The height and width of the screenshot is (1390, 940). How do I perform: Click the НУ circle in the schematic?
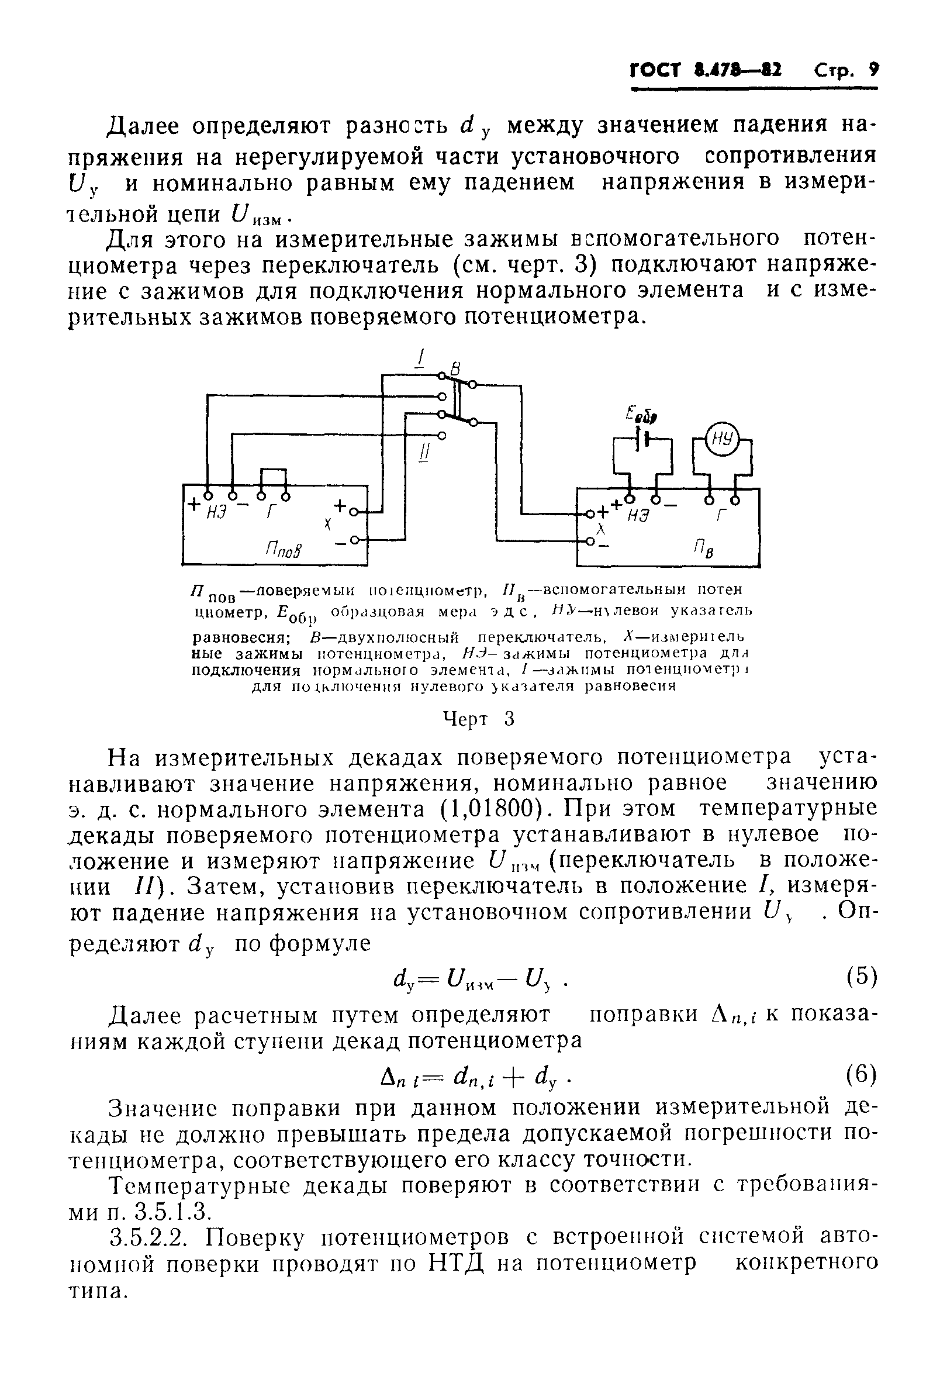(x=722, y=440)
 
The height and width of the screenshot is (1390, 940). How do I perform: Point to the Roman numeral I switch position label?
(x=421, y=358)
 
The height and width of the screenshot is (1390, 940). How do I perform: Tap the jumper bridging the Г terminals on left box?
(x=273, y=471)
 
